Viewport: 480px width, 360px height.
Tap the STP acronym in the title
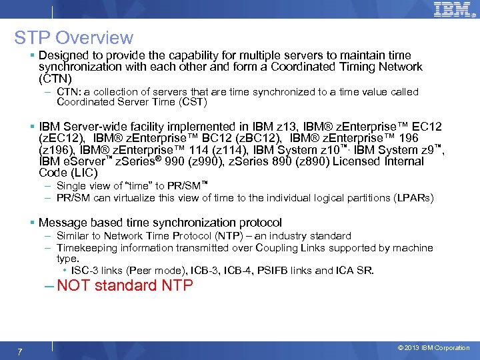[33, 38]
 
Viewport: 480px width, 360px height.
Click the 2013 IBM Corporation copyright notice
[434, 348]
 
